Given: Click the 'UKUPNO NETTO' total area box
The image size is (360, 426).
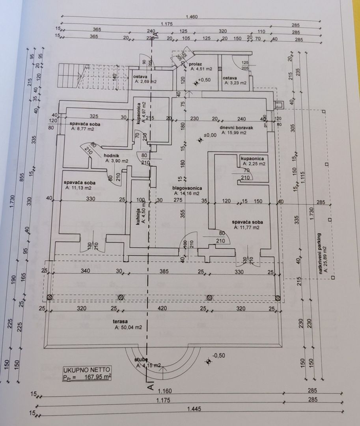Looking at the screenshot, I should click(x=87, y=373).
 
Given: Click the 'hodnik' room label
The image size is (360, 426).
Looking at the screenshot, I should click(x=111, y=155).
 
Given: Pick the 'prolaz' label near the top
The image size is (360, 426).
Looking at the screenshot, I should click(x=196, y=64).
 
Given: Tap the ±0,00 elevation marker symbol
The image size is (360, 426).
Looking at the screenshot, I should click(x=200, y=139).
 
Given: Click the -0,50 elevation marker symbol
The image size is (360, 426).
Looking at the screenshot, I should click(x=208, y=361).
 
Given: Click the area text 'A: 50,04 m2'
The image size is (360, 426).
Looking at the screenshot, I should click(x=128, y=327).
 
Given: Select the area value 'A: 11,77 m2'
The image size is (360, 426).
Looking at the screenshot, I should click(x=246, y=227).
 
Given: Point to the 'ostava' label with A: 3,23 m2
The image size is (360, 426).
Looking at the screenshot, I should click(x=229, y=78).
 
